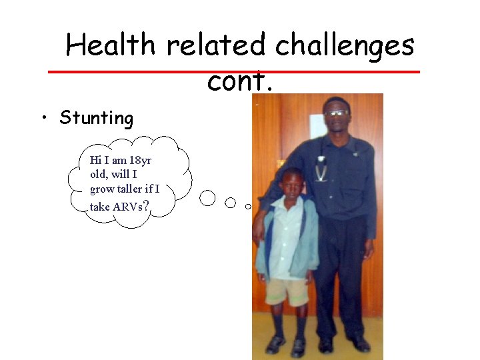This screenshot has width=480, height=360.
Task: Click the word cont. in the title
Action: pyautogui.click(x=240, y=81)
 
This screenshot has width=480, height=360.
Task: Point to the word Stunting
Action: pyautogui.click(x=97, y=119)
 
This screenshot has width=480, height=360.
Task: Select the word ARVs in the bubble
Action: pyautogui.click(x=127, y=207)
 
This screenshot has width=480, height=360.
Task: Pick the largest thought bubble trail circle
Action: pyautogui.click(x=208, y=198)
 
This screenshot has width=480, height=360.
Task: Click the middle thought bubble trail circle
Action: pyautogui.click(x=231, y=202)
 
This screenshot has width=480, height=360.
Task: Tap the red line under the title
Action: pyautogui.click(x=233, y=71)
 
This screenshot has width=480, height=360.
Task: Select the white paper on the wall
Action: pyautogui.click(x=318, y=127)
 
